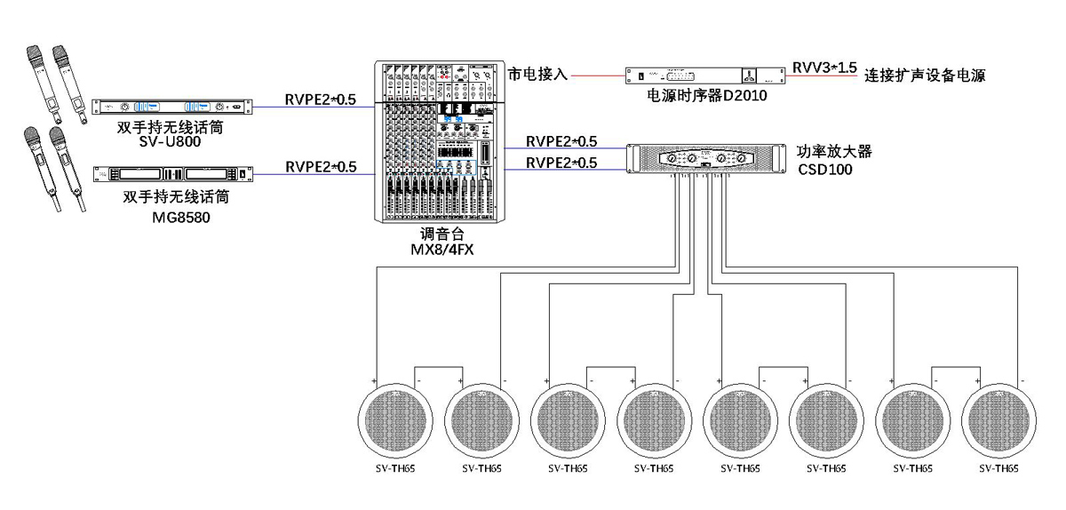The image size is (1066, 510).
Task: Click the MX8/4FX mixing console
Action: (x=436, y=142)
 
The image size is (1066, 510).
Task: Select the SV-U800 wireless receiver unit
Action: (x=172, y=107)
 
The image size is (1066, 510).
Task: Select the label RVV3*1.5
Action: (x=824, y=68)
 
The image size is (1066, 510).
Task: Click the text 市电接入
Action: (x=537, y=75)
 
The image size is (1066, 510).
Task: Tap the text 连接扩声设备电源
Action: (x=924, y=76)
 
